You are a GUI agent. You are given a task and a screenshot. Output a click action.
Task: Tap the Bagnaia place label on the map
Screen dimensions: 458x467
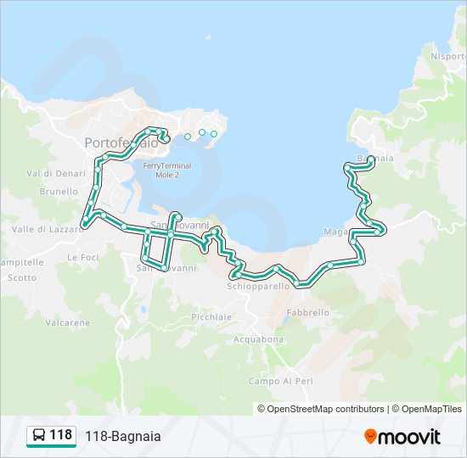[x=376, y=158]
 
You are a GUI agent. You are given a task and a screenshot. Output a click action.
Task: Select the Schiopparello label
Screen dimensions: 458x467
[x=258, y=286]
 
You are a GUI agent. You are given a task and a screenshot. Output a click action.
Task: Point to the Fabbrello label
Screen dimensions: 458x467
[x=307, y=312]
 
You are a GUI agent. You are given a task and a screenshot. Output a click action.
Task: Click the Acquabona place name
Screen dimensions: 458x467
[x=258, y=339]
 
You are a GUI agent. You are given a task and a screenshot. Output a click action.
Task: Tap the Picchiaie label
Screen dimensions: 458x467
[x=211, y=316]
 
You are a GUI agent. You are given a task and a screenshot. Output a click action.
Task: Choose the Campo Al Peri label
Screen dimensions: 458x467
[x=281, y=381]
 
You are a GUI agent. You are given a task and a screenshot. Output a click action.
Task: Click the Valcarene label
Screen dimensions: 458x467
[x=68, y=322]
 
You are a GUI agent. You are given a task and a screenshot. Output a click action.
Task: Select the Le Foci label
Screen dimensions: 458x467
[x=83, y=257]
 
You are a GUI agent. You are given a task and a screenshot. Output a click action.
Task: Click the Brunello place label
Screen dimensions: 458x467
[x=59, y=192]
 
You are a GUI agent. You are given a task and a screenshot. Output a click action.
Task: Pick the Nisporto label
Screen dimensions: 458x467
[x=447, y=57]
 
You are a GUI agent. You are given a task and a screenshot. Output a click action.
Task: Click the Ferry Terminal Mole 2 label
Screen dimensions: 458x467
[x=166, y=170]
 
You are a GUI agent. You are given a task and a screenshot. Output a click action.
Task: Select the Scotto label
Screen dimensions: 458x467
[x=23, y=277]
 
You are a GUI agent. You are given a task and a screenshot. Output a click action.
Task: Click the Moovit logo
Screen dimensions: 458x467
[x=402, y=437]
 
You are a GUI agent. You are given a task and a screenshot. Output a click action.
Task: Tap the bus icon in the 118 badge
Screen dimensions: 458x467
[x=39, y=436]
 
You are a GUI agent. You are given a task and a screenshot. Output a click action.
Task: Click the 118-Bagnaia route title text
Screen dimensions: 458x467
[x=122, y=437]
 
